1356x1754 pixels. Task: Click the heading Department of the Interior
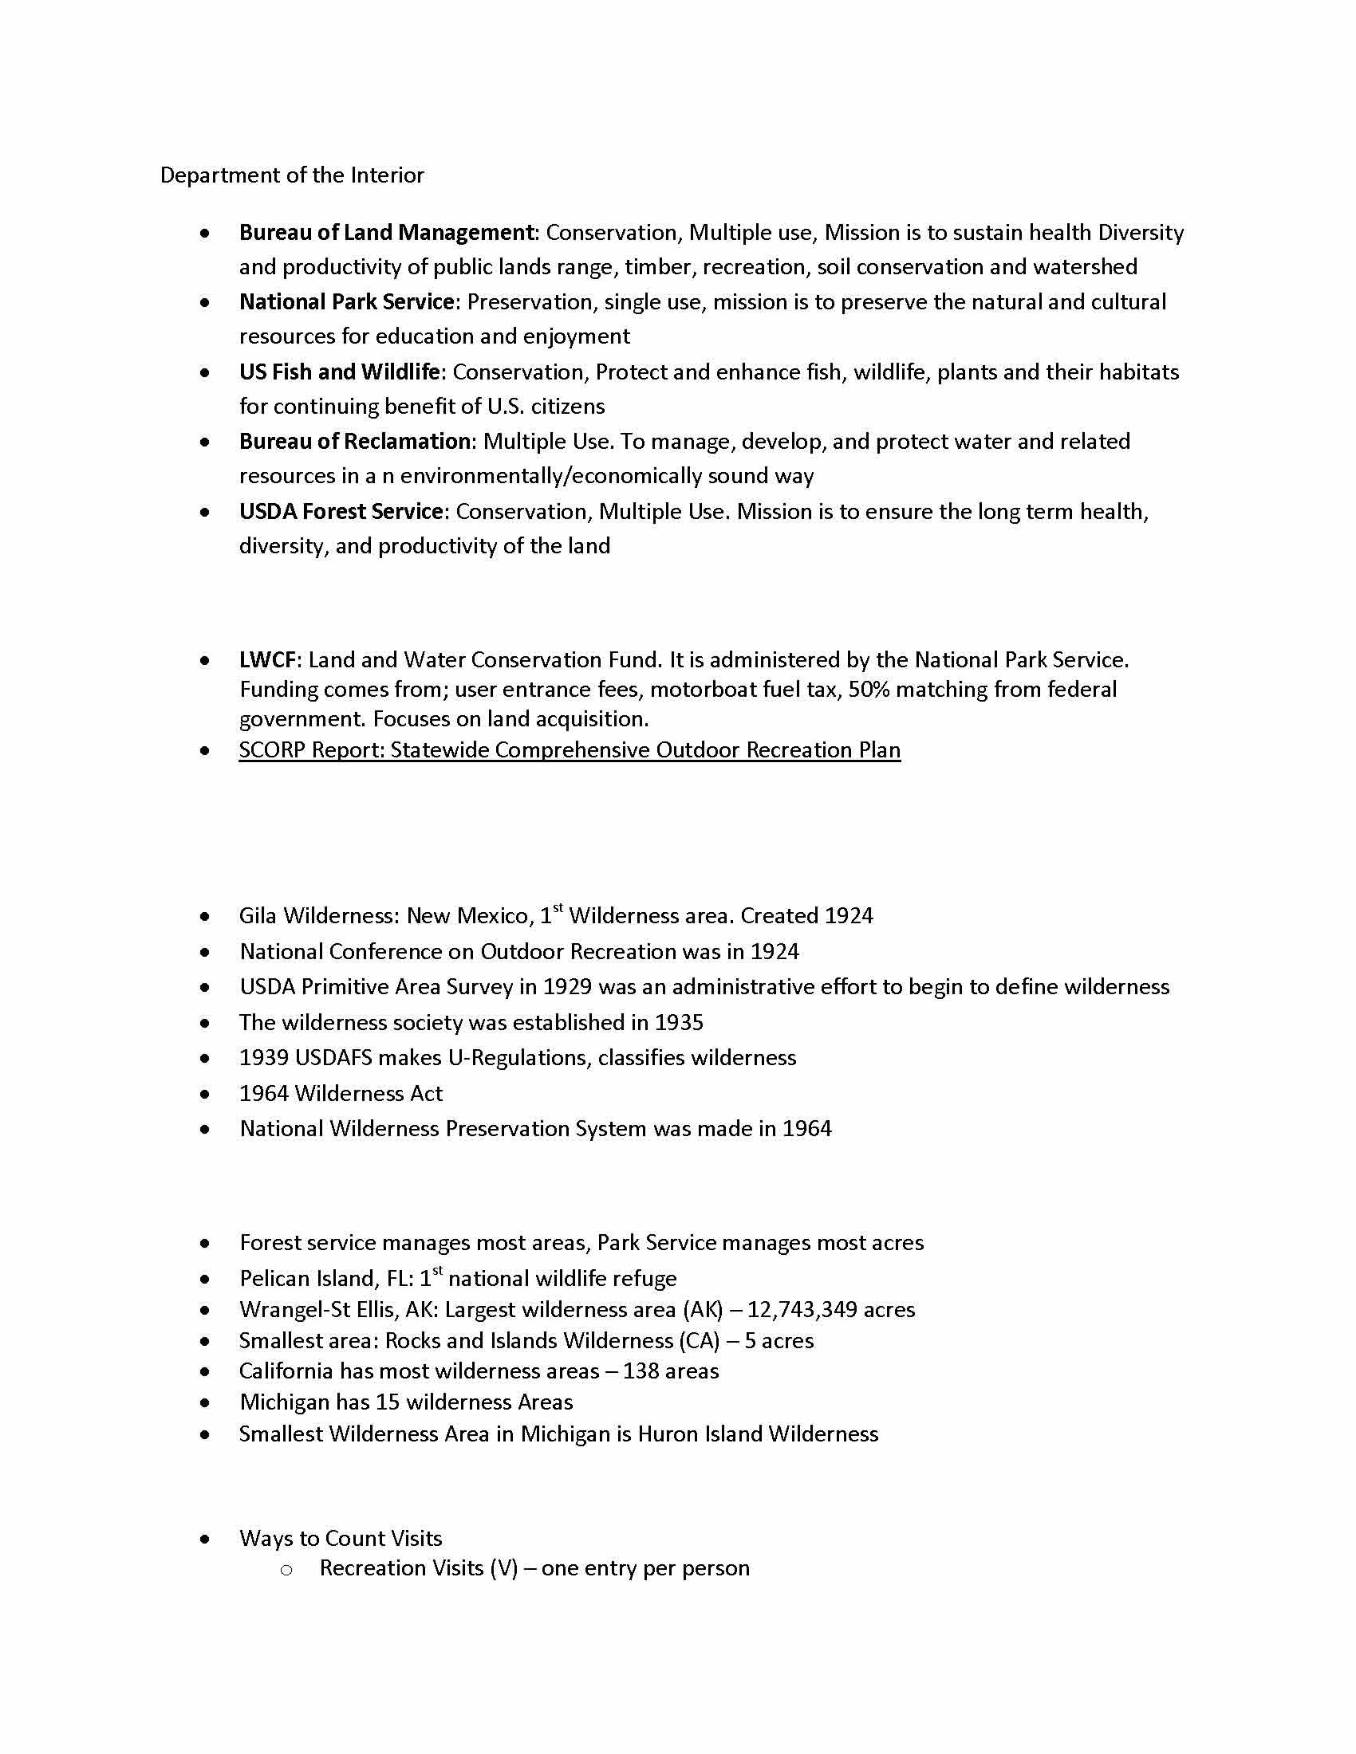pos(292,175)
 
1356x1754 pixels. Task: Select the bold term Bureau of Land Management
pos(386,232)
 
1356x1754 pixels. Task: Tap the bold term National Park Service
pos(347,302)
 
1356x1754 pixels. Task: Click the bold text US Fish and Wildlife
pos(339,372)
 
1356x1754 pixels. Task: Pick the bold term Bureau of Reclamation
pos(354,441)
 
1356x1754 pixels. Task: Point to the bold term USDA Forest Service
pos(341,512)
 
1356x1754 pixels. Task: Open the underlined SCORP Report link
pos(570,749)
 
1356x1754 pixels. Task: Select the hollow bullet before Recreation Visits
pos(286,1569)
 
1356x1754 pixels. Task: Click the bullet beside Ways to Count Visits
pos(206,1539)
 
